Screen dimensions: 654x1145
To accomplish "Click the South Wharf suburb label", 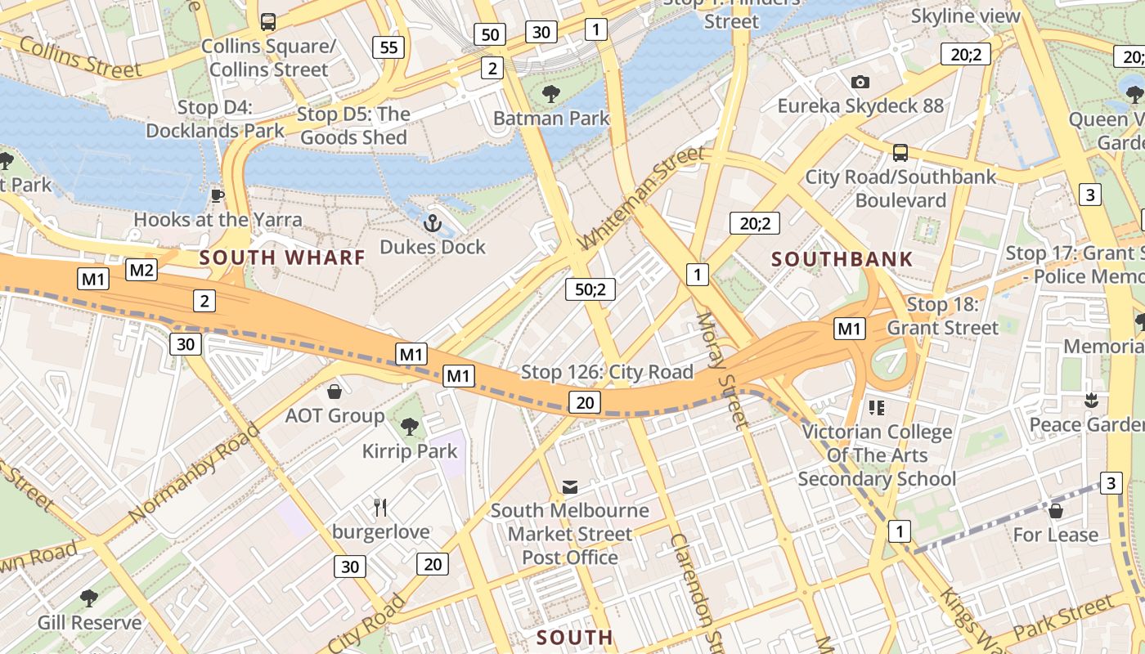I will click(x=282, y=258).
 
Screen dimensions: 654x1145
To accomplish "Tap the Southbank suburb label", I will click(x=842, y=260).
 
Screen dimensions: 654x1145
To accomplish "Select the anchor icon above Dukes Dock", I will click(x=432, y=222).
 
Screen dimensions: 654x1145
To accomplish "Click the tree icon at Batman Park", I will click(x=551, y=94).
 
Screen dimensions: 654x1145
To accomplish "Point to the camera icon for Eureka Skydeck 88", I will click(x=860, y=82).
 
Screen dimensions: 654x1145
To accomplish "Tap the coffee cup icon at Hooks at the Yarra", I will click(x=217, y=195).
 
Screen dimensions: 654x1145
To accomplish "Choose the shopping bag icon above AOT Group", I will click(x=334, y=392).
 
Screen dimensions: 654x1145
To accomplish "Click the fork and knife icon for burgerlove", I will click(x=380, y=508).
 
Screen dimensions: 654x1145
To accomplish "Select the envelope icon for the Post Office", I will click(x=570, y=487).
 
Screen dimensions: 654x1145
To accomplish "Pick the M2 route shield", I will click(x=141, y=270).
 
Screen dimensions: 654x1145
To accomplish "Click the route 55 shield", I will click(x=388, y=47).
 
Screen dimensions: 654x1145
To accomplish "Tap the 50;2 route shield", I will click(x=590, y=289).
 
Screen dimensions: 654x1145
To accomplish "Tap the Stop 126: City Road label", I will click(x=607, y=372).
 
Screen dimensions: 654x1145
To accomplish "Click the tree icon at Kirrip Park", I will click(x=410, y=426).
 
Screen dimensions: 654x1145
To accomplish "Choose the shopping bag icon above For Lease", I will click(x=1056, y=511).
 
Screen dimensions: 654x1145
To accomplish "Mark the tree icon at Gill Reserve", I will click(x=89, y=598).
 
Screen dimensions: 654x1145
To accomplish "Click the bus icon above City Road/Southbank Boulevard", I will click(x=900, y=152).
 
